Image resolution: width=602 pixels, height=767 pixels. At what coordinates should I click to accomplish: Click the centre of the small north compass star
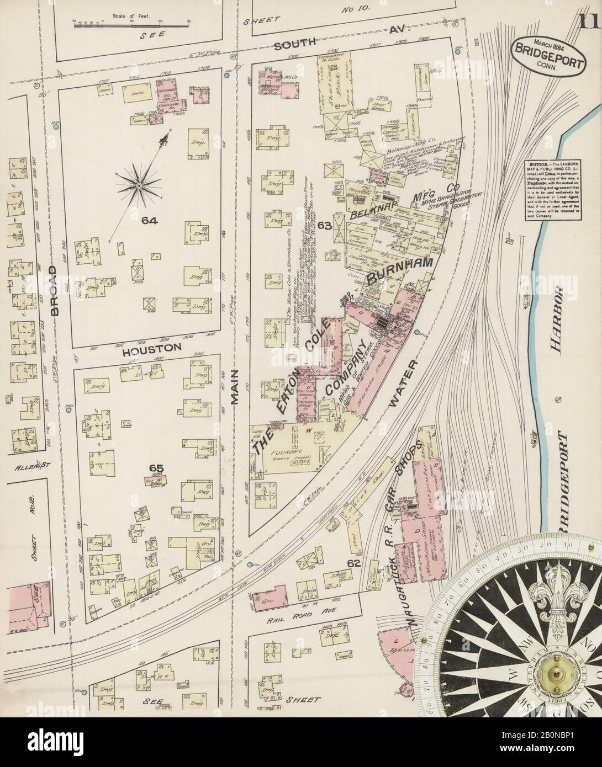[138, 187]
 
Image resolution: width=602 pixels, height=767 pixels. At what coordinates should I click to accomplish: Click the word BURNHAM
[404, 271]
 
